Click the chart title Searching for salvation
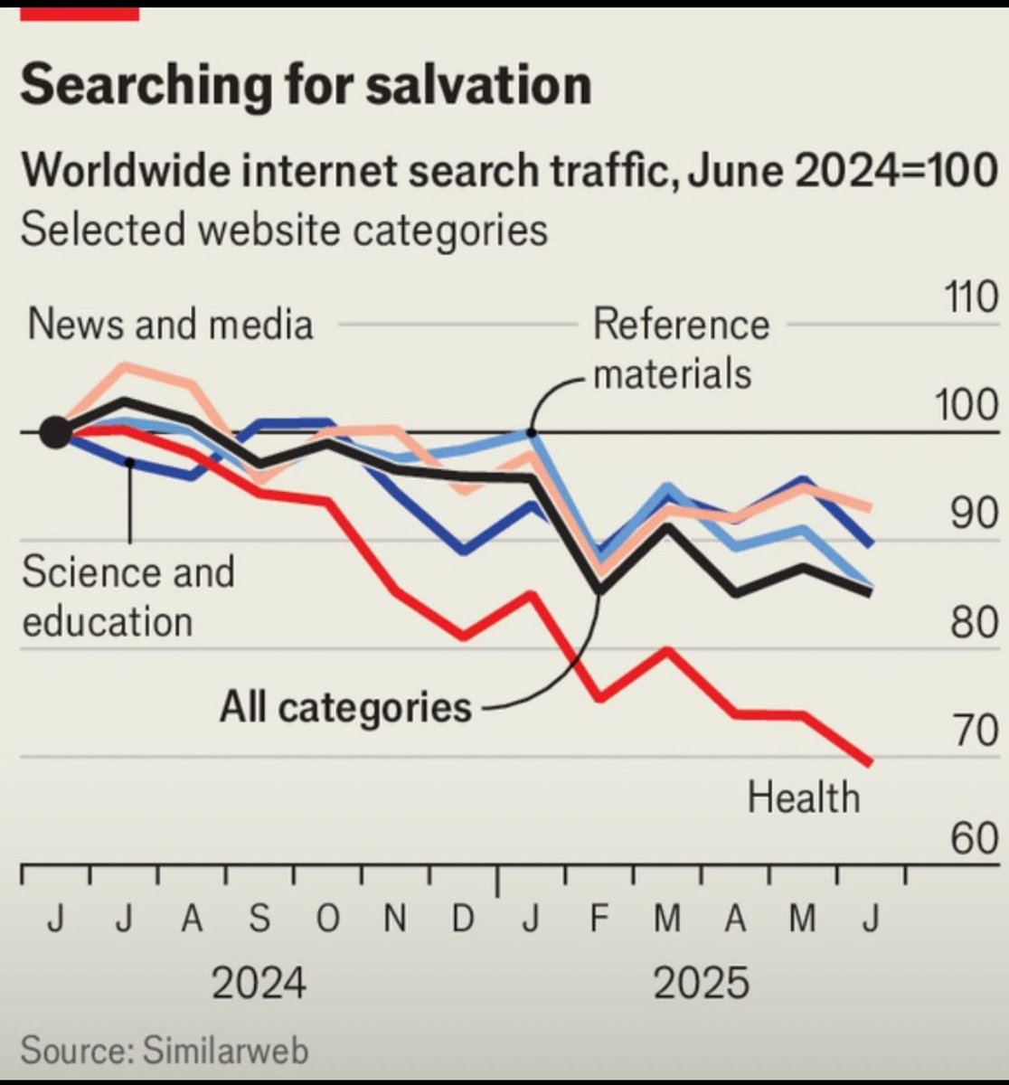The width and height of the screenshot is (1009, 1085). coord(306,85)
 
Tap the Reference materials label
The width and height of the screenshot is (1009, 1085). coord(680,349)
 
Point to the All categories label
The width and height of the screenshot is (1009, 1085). coord(345,706)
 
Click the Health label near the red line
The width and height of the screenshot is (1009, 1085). coord(804,797)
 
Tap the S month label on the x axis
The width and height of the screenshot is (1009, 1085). coord(259,920)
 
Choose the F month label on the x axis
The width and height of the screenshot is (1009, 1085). coord(599,920)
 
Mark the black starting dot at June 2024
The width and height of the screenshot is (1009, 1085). coord(55,433)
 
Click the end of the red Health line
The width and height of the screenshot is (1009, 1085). coord(870,762)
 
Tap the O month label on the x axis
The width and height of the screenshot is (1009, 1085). coord(328,920)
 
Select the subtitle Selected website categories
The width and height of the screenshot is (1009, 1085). coord(284,229)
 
